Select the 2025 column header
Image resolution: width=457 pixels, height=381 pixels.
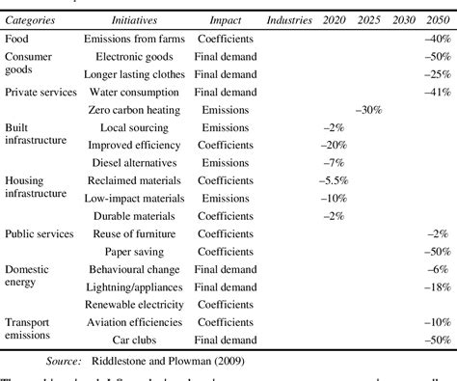[367, 19]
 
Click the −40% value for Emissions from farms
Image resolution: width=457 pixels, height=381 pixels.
[438, 39]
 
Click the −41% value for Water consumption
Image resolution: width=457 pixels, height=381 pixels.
[438, 92]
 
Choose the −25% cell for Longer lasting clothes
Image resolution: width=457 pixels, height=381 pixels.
[438, 74]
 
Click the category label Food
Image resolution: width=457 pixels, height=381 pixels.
[16, 39]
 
